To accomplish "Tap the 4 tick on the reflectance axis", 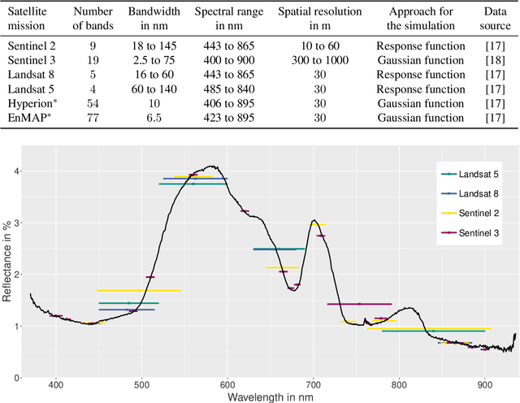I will tap(15, 171).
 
